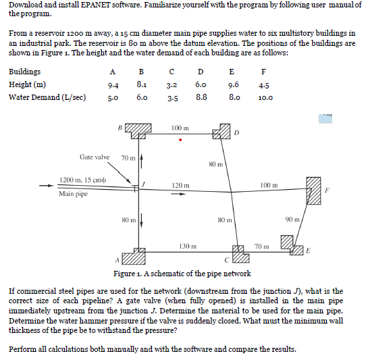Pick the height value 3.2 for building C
(x=172, y=86)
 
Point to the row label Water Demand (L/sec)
(x=47, y=97)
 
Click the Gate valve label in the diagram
(x=94, y=157)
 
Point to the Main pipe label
(x=73, y=195)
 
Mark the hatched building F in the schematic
(x=312, y=190)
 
